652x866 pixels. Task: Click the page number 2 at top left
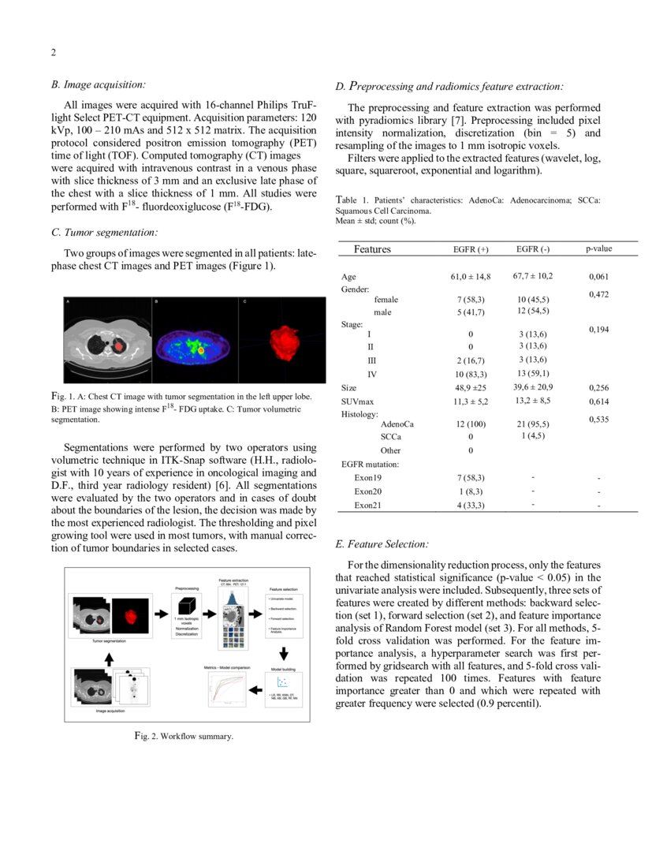click(53, 53)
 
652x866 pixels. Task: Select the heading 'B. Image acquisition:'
click(98, 84)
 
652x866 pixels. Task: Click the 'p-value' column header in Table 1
click(598, 248)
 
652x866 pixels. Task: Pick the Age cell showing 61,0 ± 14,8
click(471, 277)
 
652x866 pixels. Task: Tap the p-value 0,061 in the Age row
click(598, 278)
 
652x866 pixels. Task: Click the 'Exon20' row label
click(367, 491)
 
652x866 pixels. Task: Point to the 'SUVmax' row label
click(357, 401)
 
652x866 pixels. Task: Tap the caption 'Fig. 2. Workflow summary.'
click(183, 736)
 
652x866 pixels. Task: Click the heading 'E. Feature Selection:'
click(382, 544)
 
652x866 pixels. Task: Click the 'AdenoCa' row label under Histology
click(397, 424)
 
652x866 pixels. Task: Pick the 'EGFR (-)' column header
click(533, 249)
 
